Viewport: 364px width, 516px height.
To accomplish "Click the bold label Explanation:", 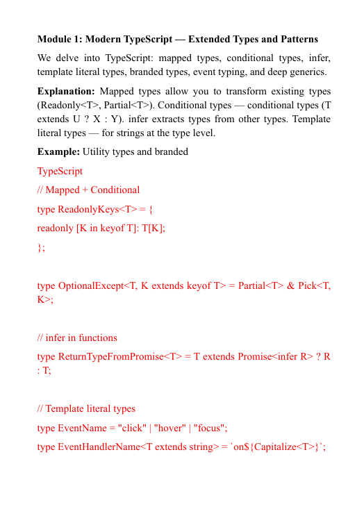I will click(x=66, y=92).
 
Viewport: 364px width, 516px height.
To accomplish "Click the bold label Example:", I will click(x=58, y=151).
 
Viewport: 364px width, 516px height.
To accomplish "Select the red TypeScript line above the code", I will click(x=60, y=171).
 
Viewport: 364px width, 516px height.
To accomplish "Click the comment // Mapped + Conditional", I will click(x=88, y=190).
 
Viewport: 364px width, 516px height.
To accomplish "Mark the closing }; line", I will click(x=41, y=247).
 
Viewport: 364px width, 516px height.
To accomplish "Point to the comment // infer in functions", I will click(x=77, y=338).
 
